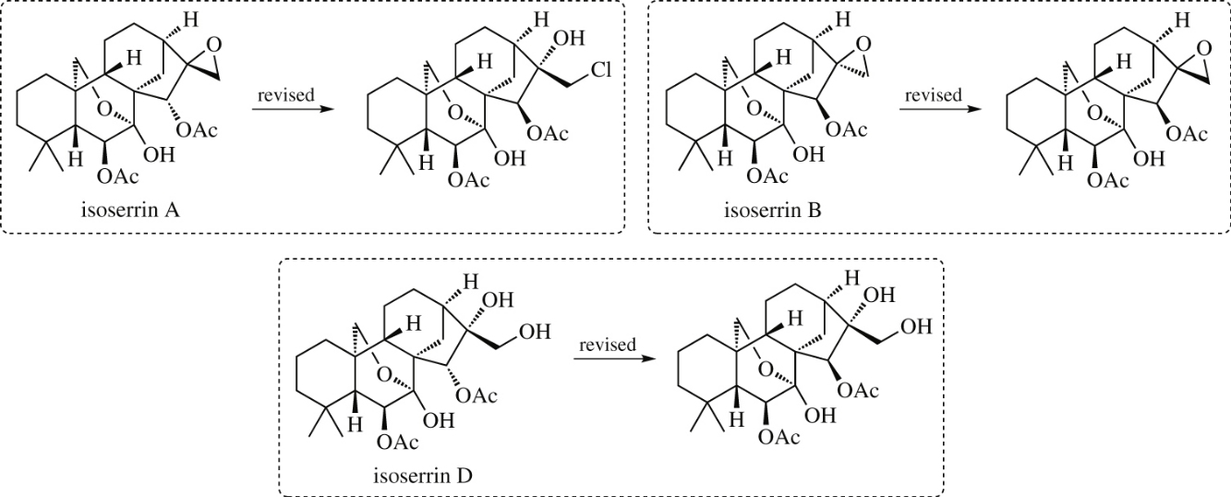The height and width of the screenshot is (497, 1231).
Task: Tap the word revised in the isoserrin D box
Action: coord(608,345)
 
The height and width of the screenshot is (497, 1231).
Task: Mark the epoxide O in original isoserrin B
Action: coord(863,42)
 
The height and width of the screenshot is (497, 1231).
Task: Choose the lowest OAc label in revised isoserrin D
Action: coord(778,437)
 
